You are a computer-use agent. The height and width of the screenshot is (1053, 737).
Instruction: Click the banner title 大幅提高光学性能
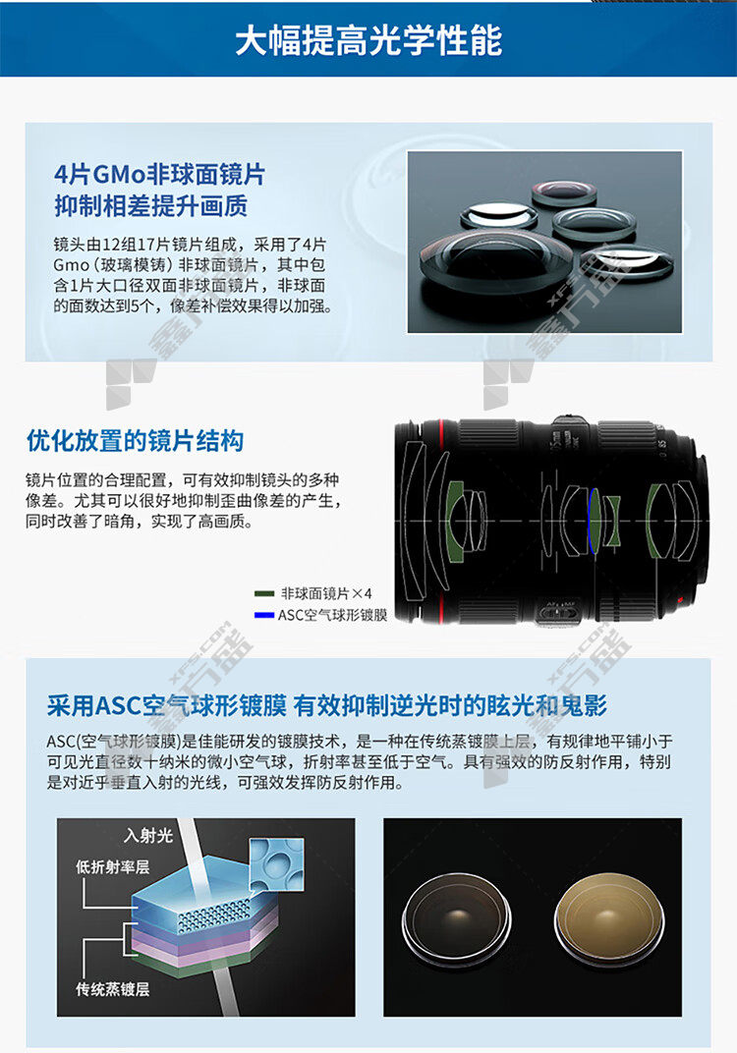point(368,40)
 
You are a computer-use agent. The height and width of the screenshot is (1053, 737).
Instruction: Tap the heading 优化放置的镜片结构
point(135,441)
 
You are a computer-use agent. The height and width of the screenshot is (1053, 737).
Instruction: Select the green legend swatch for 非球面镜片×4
point(264,593)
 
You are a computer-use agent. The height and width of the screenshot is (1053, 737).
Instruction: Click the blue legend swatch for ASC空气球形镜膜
point(264,615)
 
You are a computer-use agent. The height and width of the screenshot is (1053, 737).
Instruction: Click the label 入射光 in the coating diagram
point(148,835)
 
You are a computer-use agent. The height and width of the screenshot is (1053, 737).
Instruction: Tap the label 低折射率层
point(112,867)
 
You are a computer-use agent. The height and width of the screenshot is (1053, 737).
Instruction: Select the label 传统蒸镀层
point(112,988)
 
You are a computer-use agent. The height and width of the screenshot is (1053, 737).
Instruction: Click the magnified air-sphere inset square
point(276,865)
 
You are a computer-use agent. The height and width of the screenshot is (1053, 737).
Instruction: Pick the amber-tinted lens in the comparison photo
point(608,919)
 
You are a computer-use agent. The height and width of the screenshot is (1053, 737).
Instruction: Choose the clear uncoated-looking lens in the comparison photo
point(457,919)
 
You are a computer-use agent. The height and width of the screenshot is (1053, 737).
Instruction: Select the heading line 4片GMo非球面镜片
point(160,175)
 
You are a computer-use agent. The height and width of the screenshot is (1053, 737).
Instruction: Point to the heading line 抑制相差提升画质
point(151,205)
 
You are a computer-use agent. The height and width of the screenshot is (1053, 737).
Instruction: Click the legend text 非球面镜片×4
point(326,593)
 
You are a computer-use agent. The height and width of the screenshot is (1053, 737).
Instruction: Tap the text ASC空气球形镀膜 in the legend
point(332,615)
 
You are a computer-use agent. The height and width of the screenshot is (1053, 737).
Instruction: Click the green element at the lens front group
point(456,519)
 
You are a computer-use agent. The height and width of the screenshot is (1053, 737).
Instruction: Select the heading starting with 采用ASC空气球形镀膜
point(327,705)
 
